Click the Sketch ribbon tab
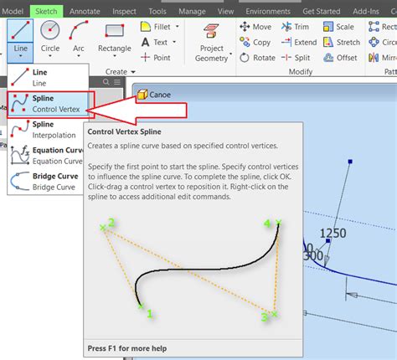[x=46, y=11]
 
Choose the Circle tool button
[x=51, y=37]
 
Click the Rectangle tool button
[x=114, y=37]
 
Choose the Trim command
[x=296, y=28]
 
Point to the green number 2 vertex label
[x=111, y=223]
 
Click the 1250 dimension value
[x=333, y=231]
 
